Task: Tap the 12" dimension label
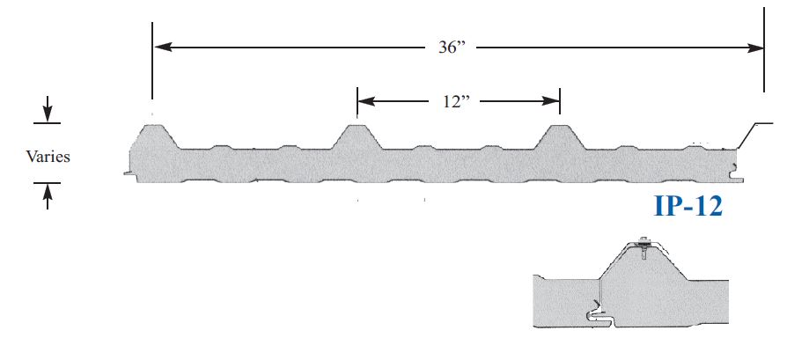(x=458, y=100)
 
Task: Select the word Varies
(x=48, y=157)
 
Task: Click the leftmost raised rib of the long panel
(x=155, y=136)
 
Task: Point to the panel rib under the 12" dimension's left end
(x=357, y=136)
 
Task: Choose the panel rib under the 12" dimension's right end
(x=560, y=136)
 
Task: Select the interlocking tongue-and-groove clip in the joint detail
(x=594, y=312)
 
